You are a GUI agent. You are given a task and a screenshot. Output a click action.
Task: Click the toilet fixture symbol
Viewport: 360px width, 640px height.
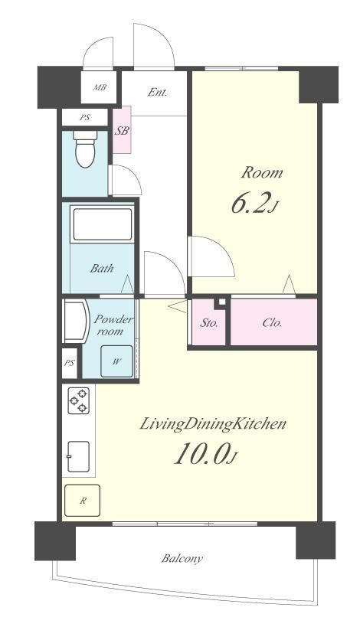click(85, 149)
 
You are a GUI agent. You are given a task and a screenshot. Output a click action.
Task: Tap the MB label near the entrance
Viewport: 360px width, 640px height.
click(100, 87)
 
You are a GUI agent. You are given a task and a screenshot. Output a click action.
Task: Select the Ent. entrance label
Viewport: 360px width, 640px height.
click(157, 92)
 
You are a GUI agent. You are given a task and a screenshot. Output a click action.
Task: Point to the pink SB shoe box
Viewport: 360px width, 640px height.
click(122, 130)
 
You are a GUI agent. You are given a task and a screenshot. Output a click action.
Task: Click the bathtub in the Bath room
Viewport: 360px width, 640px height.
click(102, 224)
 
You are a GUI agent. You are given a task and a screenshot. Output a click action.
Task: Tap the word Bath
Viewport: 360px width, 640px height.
click(102, 268)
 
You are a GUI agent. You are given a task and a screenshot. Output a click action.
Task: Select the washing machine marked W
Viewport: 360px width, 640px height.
click(116, 361)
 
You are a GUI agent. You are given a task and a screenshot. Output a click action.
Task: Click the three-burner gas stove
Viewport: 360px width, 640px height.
click(78, 400)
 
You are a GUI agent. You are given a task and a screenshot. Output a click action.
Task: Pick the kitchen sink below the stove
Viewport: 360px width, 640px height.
click(78, 456)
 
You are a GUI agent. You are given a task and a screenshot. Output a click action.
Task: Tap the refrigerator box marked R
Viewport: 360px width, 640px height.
click(82, 501)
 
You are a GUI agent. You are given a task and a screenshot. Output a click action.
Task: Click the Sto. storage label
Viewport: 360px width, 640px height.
click(209, 323)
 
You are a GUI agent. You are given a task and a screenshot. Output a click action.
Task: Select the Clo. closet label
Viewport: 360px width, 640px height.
click(272, 323)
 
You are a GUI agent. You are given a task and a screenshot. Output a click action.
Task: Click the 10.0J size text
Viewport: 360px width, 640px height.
click(205, 454)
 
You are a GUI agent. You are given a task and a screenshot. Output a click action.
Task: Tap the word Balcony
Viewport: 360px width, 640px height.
click(182, 558)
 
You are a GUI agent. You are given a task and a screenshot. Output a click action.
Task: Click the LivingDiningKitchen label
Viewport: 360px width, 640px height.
click(213, 424)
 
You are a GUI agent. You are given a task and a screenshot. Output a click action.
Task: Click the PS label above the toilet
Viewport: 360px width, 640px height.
click(84, 118)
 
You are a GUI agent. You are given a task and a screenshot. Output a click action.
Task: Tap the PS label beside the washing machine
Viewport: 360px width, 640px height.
click(69, 363)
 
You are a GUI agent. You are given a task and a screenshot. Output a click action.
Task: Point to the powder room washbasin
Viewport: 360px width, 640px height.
click(76, 322)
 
